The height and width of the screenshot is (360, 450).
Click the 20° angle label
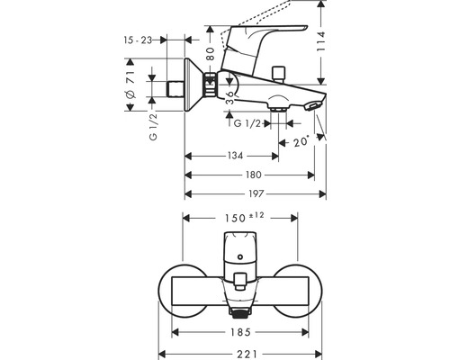point(300,143)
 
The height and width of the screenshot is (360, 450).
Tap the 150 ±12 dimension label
point(241,218)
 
